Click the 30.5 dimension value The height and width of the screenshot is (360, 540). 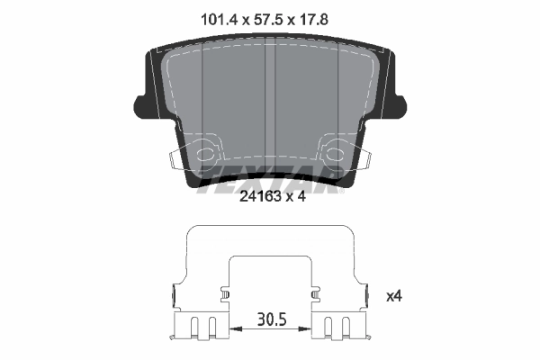pos(269,319)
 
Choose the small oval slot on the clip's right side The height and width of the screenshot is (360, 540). pos(314,293)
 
